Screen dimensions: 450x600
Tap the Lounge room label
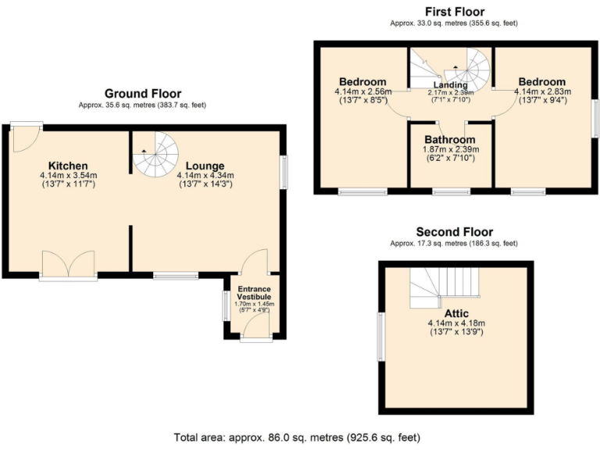coord(205,166)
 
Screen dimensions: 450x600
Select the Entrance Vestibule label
coord(254,293)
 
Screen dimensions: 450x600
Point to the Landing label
coord(451,85)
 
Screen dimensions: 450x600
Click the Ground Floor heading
coord(142,94)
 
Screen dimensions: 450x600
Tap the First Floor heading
coord(454,12)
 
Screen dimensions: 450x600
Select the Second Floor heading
coord(454,232)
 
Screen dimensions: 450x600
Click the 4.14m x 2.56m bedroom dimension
coord(362,91)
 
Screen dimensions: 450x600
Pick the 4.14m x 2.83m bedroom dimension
coord(542,91)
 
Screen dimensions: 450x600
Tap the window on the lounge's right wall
coord(285,172)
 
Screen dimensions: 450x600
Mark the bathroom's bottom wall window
coord(452,191)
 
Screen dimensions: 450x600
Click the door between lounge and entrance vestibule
coord(254,262)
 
